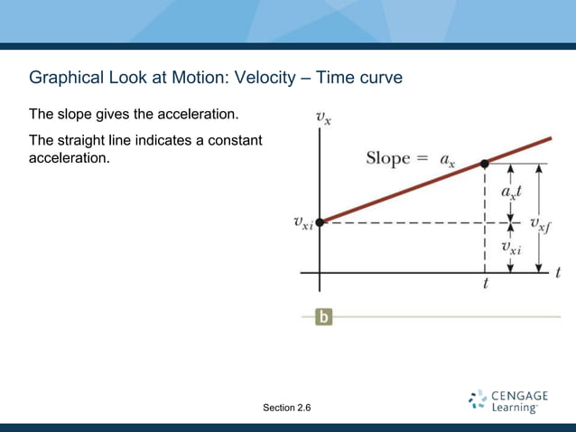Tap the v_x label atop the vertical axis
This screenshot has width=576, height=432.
tap(322, 117)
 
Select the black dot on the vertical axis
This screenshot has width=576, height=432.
tap(320, 221)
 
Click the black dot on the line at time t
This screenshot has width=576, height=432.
tap(485, 164)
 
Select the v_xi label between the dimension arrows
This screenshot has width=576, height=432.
tap(512, 245)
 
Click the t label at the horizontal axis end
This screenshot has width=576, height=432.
tap(559, 271)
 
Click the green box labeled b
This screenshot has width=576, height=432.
tap(323, 317)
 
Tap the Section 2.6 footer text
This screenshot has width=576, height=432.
tap(287, 409)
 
